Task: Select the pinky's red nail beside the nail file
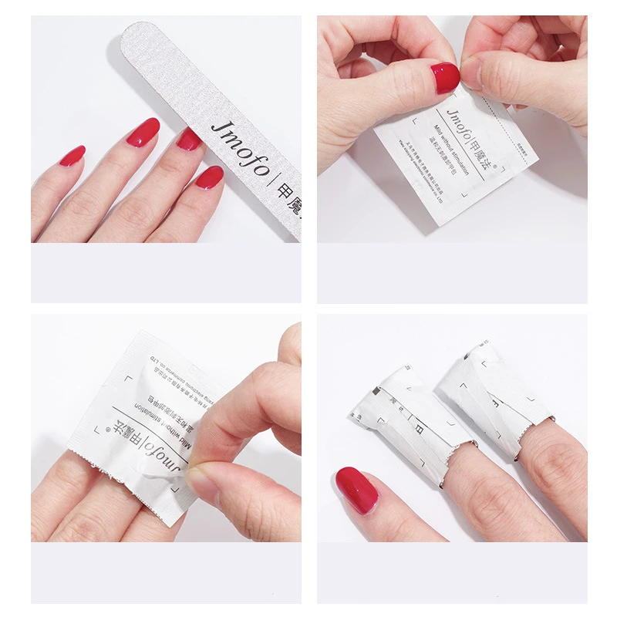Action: (72, 156)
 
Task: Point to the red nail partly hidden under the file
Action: (188, 139)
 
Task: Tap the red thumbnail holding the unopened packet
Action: (445, 78)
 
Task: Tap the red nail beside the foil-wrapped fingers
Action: (356, 491)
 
